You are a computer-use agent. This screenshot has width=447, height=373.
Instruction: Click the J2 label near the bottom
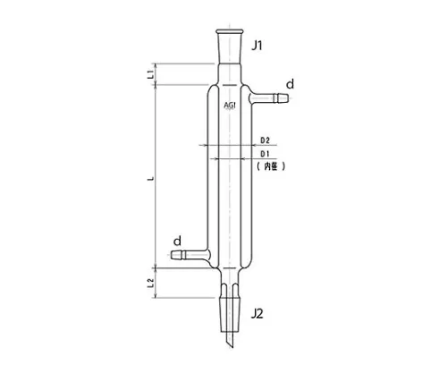click(257, 313)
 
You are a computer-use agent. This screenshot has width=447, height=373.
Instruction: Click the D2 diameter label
click(265, 141)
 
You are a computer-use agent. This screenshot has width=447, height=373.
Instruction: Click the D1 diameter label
click(265, 155)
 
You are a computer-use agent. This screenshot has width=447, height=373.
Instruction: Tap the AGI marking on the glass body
click(230, 105)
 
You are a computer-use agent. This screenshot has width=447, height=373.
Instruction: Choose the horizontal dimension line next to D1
click(223, 158)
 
